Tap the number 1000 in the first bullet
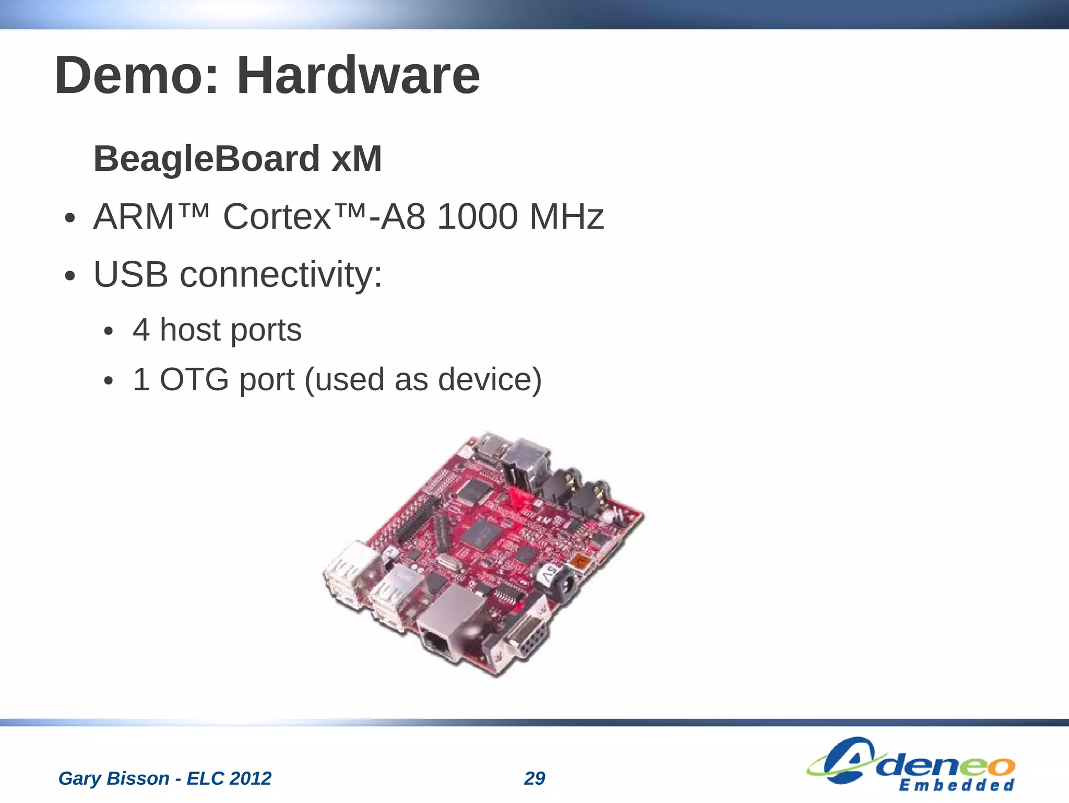477,216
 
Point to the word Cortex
277,216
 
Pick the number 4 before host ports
141,330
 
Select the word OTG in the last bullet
194,379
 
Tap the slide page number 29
534,778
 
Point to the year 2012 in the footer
251,778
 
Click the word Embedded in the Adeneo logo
957,785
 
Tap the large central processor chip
481,536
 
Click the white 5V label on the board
548,575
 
